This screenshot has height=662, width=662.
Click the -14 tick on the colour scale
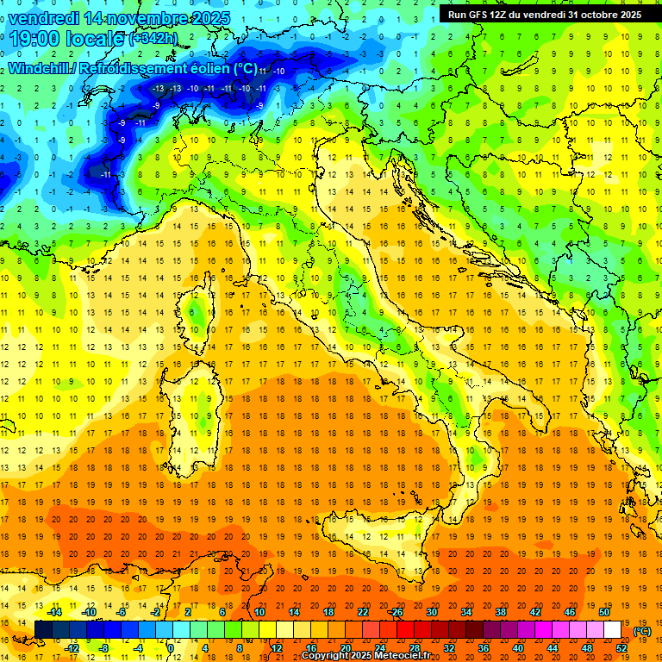54,612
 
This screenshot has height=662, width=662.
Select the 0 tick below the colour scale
172,647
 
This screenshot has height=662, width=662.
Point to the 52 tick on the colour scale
622,647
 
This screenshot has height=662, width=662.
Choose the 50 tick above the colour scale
605,612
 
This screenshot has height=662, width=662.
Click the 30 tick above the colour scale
432,612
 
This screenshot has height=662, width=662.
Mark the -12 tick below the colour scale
72,647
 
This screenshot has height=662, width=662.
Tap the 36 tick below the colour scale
484,647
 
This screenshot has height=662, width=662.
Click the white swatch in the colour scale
613,629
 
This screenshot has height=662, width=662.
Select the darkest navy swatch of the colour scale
43,629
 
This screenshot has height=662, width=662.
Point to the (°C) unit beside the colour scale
642,630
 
